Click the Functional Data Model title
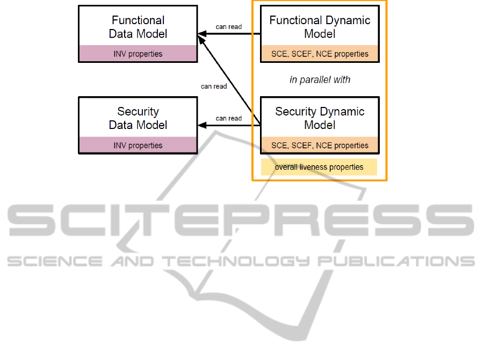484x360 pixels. point(138,27)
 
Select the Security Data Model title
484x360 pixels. point(138,118)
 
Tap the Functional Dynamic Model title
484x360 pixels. point(320,27)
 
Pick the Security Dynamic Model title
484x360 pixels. point(320,118)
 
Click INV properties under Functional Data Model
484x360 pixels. point(138,54)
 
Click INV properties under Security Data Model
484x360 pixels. point(138,145)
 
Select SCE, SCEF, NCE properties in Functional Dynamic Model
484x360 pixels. point(320,54)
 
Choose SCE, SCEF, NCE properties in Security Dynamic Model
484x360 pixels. point(320,145)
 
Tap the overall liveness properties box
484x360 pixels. point(319,167)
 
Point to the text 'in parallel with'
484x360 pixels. point(320,80)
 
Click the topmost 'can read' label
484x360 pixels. point(229,27)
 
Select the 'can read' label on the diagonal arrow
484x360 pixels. point(214,86)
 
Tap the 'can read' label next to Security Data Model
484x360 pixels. point(229,118)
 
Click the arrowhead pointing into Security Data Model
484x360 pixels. point(202,126)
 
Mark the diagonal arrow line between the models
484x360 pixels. point(231,81)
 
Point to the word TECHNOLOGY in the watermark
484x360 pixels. point(237,262)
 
